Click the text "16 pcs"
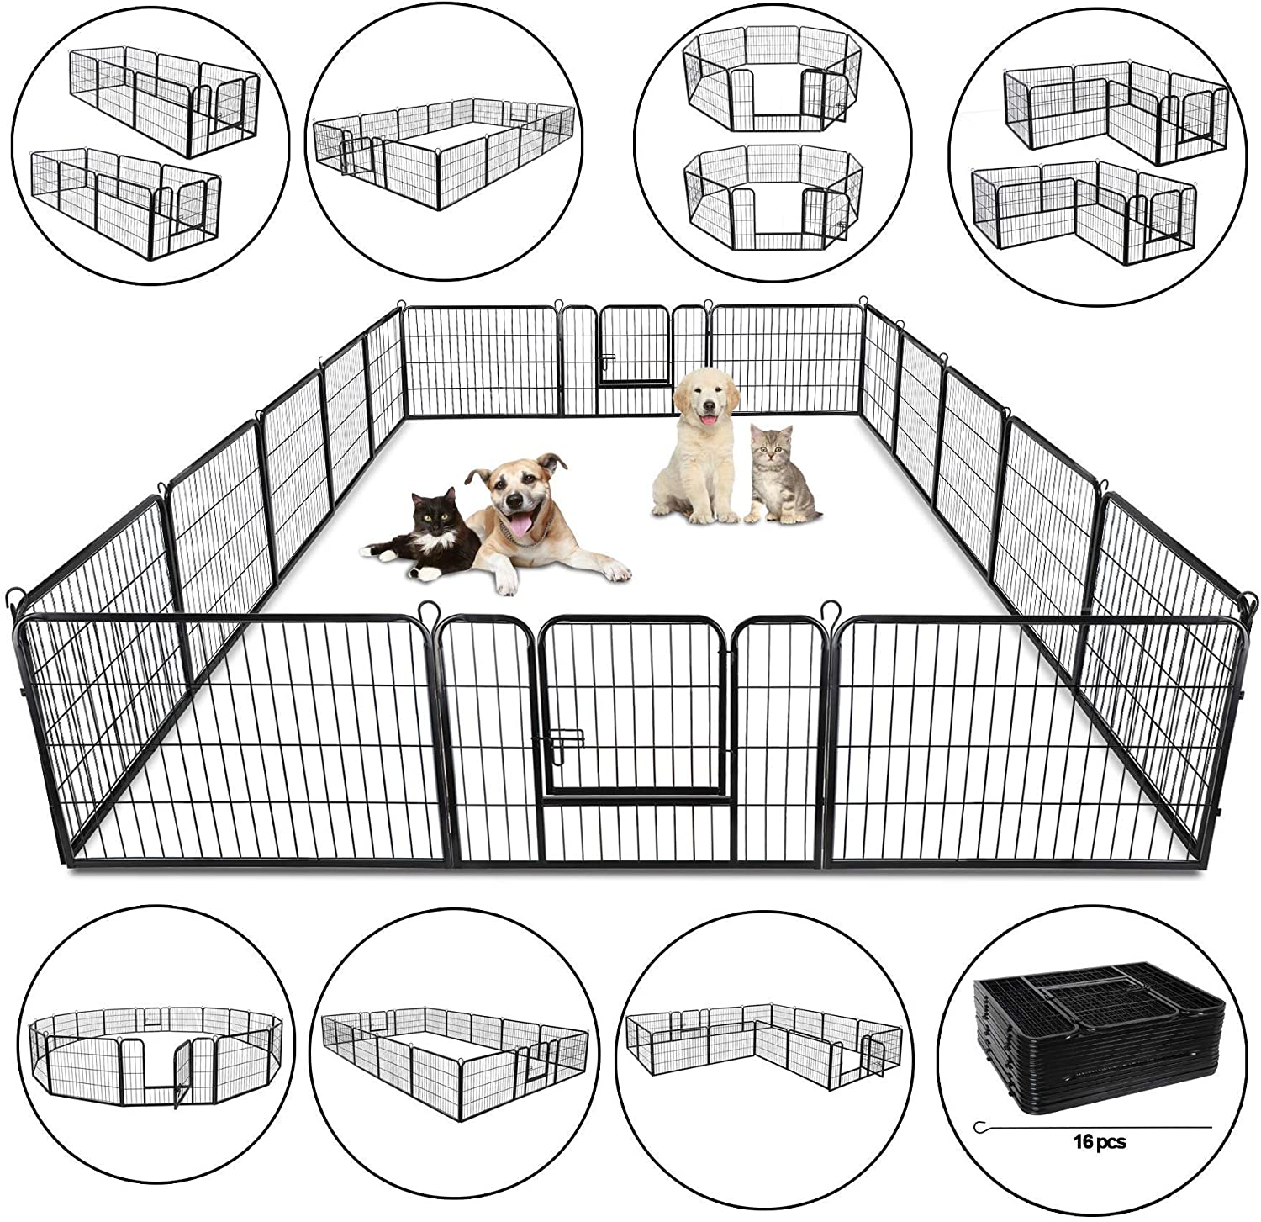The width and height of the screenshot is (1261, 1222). (1099, 1141)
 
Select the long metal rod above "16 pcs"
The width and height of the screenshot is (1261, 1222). (1093, 1124)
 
